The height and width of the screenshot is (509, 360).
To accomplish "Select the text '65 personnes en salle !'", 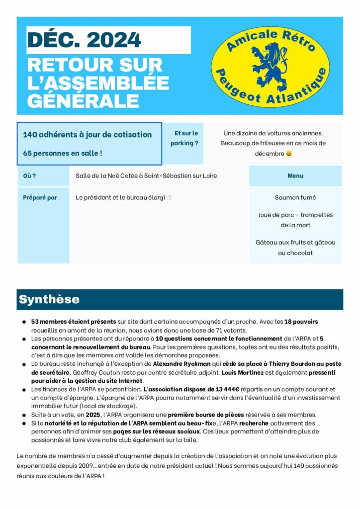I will click(x=63, y=153).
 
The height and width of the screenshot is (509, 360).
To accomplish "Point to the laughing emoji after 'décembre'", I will click(x=289, y=154).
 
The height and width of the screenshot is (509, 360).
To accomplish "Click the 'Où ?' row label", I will click(x=30, y=175).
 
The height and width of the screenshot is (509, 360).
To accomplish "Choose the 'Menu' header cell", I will click(x=295, y=175).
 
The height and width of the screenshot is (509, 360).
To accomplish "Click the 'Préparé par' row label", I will click(x=40, y=197).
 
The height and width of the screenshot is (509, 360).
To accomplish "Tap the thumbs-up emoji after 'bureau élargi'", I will click(x=169, y=197).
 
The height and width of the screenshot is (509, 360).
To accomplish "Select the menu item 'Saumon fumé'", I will click(x=295, y=197).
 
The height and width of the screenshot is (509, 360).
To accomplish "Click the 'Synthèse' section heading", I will click(x=49, y=299).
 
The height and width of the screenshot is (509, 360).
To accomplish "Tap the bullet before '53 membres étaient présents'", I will click(x=23, y=322).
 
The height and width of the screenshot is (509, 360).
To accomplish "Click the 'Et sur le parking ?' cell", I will click(x=184, y=138).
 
